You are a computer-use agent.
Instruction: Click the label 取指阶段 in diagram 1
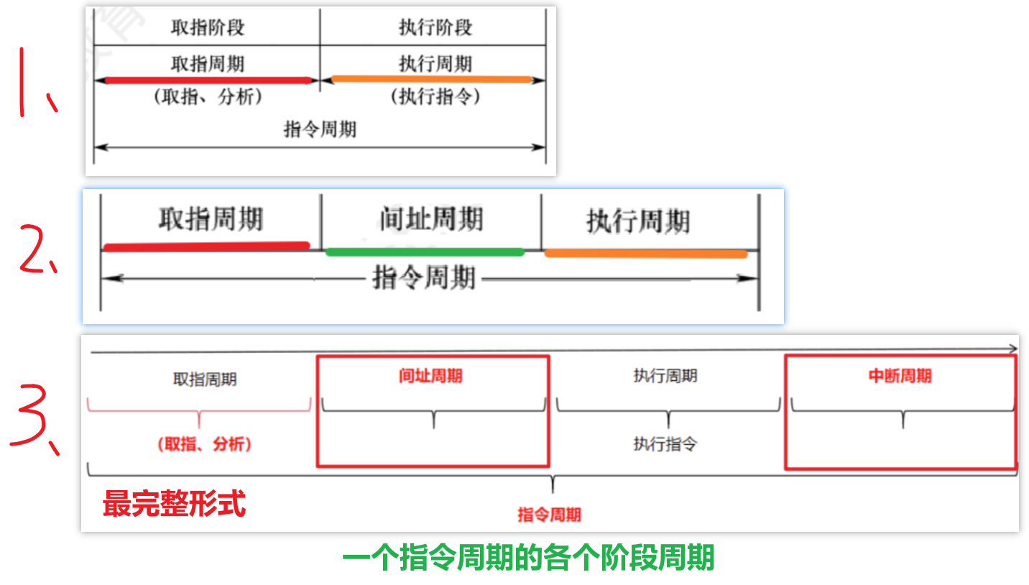(x=208, y=27)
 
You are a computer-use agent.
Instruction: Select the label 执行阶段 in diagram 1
(x=435, y=27)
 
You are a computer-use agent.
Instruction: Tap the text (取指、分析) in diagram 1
(x=208, y=97)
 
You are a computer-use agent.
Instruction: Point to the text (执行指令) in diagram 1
(x=435, y=97)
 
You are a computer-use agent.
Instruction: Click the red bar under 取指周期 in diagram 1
(x=208, y=80)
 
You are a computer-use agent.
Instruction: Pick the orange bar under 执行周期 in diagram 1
(x=431, y=79)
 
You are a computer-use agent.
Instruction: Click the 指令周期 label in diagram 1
(x=320, y=130)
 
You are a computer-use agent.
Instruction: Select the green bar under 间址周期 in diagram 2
(x=425, y=252)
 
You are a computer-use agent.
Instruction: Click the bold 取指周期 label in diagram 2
(x=211, y=218)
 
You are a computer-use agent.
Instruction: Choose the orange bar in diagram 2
(x=645, y=253)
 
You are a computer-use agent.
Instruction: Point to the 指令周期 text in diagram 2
(x=424, y=277)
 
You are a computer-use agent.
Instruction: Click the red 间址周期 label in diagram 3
(x=430, y=376)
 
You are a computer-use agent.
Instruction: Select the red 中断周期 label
(x=900, y=376)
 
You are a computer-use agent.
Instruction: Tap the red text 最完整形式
(x=174, y=503)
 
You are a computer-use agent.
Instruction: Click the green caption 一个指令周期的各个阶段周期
(x=528, y=558)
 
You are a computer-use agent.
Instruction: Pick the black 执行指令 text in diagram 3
(x=665, y=444)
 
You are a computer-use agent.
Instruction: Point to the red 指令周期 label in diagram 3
(x=549, y=515)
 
